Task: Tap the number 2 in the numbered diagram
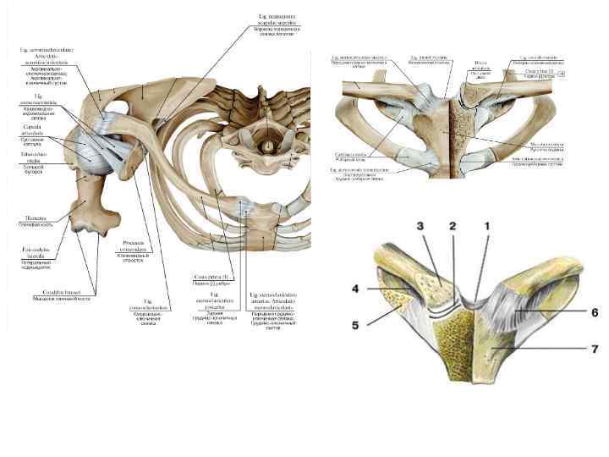point(453,227)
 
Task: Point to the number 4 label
point(356,289)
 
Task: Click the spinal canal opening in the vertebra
point(269,146)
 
